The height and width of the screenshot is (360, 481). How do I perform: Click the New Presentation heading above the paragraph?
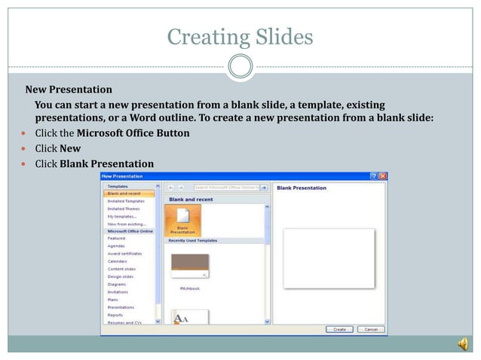pyautogui.click(x=69, y=90)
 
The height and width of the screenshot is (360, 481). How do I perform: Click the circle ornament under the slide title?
pyautogui.click(x=240, y=66)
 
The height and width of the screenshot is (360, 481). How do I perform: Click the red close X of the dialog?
pyautogui.click(x=383, y=175)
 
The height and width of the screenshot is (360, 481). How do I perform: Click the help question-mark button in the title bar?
pyautogui.click(x=374, y=175)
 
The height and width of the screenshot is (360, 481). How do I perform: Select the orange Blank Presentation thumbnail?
pyautogui.click(x=182, y=221)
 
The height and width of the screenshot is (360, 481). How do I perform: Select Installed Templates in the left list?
pyautogui.click(x=126, y=201)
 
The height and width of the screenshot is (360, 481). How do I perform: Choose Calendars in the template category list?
pyautogui.click(x=118, y=261)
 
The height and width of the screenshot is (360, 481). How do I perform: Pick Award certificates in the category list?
pyautogui.click(x=124, y=254)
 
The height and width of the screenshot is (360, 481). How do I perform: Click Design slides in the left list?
pyautogui.click(x=120, y=276)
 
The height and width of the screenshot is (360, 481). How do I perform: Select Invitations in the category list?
pyautogui.click(x=118, y=291)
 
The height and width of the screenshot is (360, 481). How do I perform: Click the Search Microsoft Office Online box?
pyautogui.click(x=226, y=187)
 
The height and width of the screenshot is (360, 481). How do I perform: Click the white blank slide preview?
pyautogui.click(x=329, y=258)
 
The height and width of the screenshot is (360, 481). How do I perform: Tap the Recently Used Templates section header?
pyautogui.click(x=193, y=240)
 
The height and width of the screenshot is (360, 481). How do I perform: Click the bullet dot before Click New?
pyautogui.click(x=24, y=149)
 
